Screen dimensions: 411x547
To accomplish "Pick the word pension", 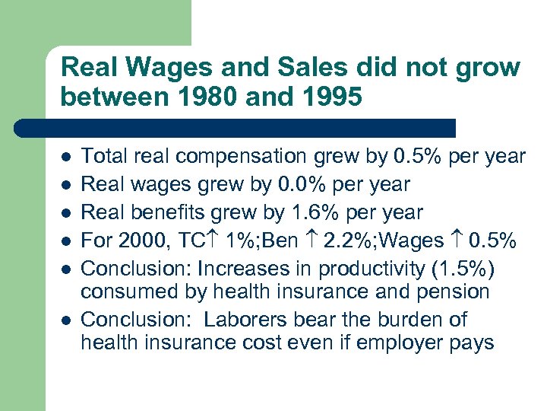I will click(x=453, y=291).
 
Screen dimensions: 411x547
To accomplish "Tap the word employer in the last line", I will click(x=401, y=342).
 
